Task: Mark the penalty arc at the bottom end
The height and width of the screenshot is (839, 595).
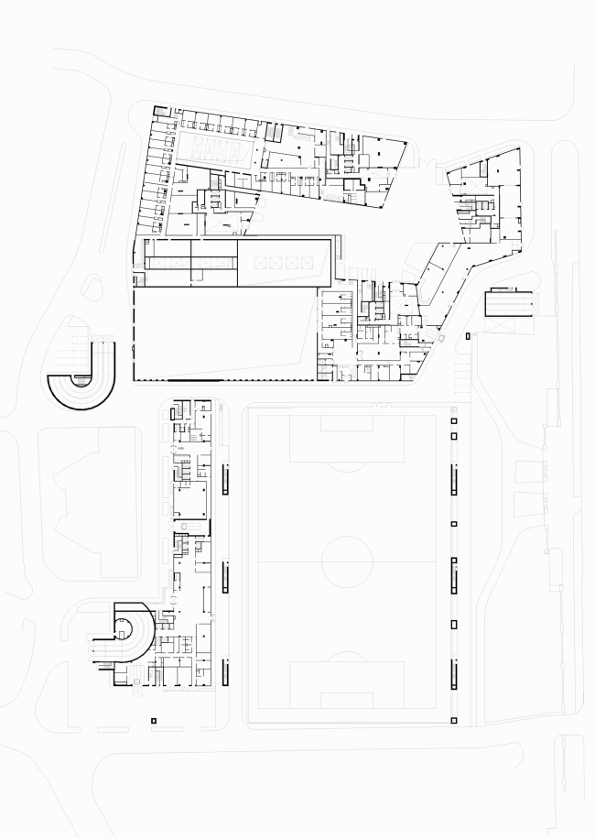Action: click(345, 657)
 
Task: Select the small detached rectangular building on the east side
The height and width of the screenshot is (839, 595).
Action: click(507, 302)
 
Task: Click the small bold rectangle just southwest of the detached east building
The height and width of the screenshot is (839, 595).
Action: click(470, 337)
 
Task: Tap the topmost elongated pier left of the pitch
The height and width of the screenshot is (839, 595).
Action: click(225, 478)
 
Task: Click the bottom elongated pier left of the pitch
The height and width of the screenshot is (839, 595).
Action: click(225, 671)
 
